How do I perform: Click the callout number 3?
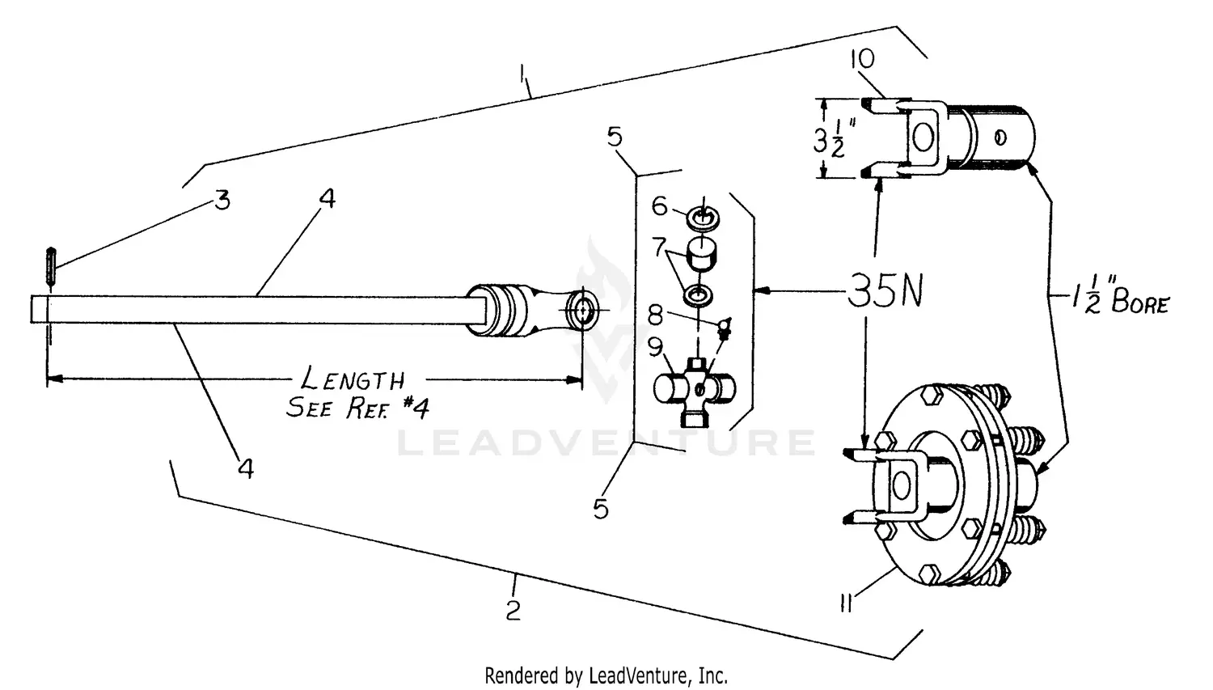tap(222, 199)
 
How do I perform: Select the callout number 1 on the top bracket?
tap(525, 78)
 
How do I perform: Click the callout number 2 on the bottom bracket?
tap(514, 610)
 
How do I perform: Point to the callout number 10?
tap(862, 59)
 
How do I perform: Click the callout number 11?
tap(847, 603)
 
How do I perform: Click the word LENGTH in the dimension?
tap(353, 379)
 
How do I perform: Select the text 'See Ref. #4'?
tap(357, 407)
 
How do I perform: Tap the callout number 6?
tap(660, 206)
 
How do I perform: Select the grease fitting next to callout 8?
tap(725, 325)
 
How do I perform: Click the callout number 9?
tap(654, 347)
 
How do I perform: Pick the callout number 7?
tap(659, 245)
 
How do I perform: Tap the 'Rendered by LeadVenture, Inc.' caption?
tap(606, 675)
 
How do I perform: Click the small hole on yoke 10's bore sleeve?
tap(1001, 138)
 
